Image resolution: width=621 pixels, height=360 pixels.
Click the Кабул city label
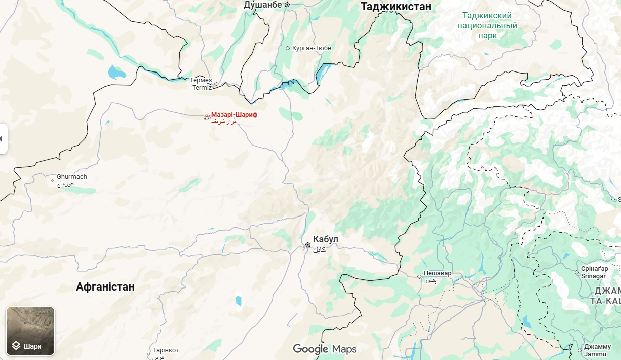tap(326, 239)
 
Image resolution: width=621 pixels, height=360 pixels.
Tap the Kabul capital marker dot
tap(308, 245)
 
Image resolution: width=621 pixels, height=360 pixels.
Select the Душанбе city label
tap(262, 5)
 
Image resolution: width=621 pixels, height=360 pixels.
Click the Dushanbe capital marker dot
tap(287, 5)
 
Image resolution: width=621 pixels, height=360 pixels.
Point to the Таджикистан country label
tap(396, 7)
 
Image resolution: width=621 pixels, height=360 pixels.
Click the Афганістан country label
tap(105, 287)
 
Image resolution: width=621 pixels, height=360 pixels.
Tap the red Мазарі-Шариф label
tap(234, 115)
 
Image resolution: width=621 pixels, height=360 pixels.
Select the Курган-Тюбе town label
tap(312, 48)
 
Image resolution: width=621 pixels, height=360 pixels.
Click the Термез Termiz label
tap(201, 84)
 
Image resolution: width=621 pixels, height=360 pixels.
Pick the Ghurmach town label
tap(72, 177)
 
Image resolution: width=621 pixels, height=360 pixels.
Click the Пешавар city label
tap(437, 273)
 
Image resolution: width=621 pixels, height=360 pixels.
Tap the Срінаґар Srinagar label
tap(594, 272)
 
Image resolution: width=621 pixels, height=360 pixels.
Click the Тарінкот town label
tap(166, 350)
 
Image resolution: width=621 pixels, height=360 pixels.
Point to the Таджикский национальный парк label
tap(487, 25)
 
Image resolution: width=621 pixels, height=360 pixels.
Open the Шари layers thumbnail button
tap(30, 331)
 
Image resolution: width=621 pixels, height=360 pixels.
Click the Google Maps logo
tap(325, 349)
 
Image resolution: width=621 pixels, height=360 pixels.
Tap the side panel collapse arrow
tap(3, 138)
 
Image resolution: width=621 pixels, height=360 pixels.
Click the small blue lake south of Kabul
tap(238, 301)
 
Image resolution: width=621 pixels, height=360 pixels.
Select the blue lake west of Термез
tap(117, 73)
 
